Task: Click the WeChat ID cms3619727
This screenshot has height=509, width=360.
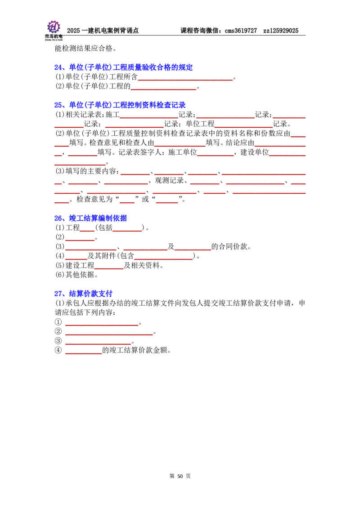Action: tap(241, 31)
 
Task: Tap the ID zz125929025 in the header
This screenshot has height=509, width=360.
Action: tap(281, 31)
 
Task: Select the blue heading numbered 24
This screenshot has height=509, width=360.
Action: tap(123, 67)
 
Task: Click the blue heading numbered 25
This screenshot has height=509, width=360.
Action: tap(120, 105)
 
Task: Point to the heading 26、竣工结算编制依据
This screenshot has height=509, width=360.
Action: tap(90, 218)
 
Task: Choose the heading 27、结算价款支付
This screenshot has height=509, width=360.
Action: tap(83, 294)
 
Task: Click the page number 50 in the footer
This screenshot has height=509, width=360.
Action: tap(180, 476)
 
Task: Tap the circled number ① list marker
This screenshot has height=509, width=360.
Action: tap(58, 322)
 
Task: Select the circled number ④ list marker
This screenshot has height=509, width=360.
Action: tap(58, 350)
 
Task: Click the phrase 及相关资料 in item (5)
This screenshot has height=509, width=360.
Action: tap(142, 265)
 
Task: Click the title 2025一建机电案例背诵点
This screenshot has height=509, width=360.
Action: tap(103, 31)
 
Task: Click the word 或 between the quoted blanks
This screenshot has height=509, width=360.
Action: tap(145, 199)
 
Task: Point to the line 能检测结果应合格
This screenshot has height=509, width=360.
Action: tap(85, 49)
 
